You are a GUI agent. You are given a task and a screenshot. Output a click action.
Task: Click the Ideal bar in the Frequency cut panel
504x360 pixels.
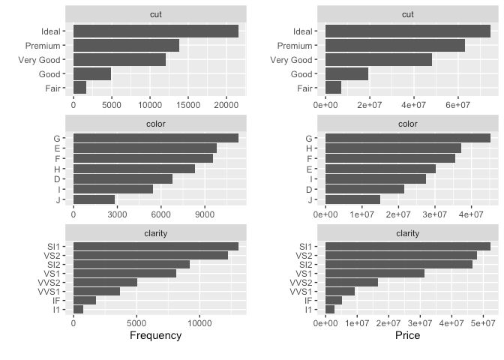(155, 31)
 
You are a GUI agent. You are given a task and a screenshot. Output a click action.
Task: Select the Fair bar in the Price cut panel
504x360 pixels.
(334, 88)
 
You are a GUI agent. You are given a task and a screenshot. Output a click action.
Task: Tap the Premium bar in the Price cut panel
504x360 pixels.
(395, 46)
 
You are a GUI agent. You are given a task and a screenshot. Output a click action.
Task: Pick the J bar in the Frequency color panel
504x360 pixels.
(94, 199)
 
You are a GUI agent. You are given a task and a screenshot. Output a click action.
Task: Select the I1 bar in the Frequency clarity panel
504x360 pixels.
(78, 309)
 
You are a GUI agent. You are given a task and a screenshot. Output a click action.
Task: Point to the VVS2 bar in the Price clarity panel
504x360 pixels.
(352, 282)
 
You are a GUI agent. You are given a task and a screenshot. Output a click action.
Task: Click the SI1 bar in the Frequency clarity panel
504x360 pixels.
(155, 246)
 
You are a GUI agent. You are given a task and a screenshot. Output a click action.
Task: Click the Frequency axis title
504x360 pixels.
(155, 335)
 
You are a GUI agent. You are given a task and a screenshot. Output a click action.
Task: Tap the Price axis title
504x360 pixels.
(407, 335)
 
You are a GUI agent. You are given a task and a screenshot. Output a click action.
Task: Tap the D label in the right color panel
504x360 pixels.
(309, 189)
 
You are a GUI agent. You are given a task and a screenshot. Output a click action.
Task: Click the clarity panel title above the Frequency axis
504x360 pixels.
(155, 232)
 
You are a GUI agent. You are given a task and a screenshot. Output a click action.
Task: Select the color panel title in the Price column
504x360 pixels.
(407, 124)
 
